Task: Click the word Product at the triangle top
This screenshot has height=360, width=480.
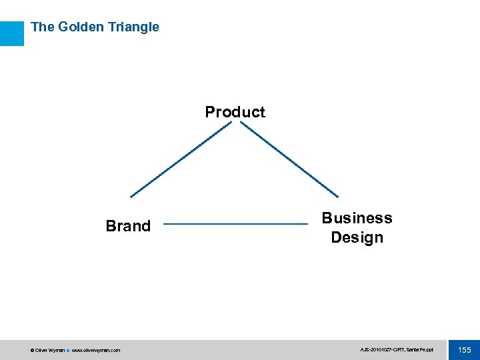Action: click(x=235, y=112)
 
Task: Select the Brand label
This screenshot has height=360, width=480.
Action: click(x=128, y=226)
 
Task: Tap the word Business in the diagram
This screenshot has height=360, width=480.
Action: click(x=357, y=218)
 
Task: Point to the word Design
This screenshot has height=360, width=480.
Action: click(x=357, y=237)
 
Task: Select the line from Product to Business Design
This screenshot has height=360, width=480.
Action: click(x=289, y=159)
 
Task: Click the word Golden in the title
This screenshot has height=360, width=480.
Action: click(x=81, y=27)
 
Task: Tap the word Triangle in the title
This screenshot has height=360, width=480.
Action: click(x=133, y=27)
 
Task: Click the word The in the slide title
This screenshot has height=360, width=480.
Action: click(x=42, y=27)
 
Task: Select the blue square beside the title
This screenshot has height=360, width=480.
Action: click(x=11, y=33)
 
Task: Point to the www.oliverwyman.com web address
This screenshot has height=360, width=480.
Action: click(x=96, y=350)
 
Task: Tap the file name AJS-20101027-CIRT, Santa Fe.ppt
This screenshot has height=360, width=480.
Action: click(x=396, y=350)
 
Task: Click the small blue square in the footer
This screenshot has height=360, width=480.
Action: click(x=67, y=350)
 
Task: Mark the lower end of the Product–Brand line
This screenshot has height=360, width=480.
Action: click(x=131, y=197)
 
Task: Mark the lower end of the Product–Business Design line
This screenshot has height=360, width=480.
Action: click(x=338, y=197)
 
